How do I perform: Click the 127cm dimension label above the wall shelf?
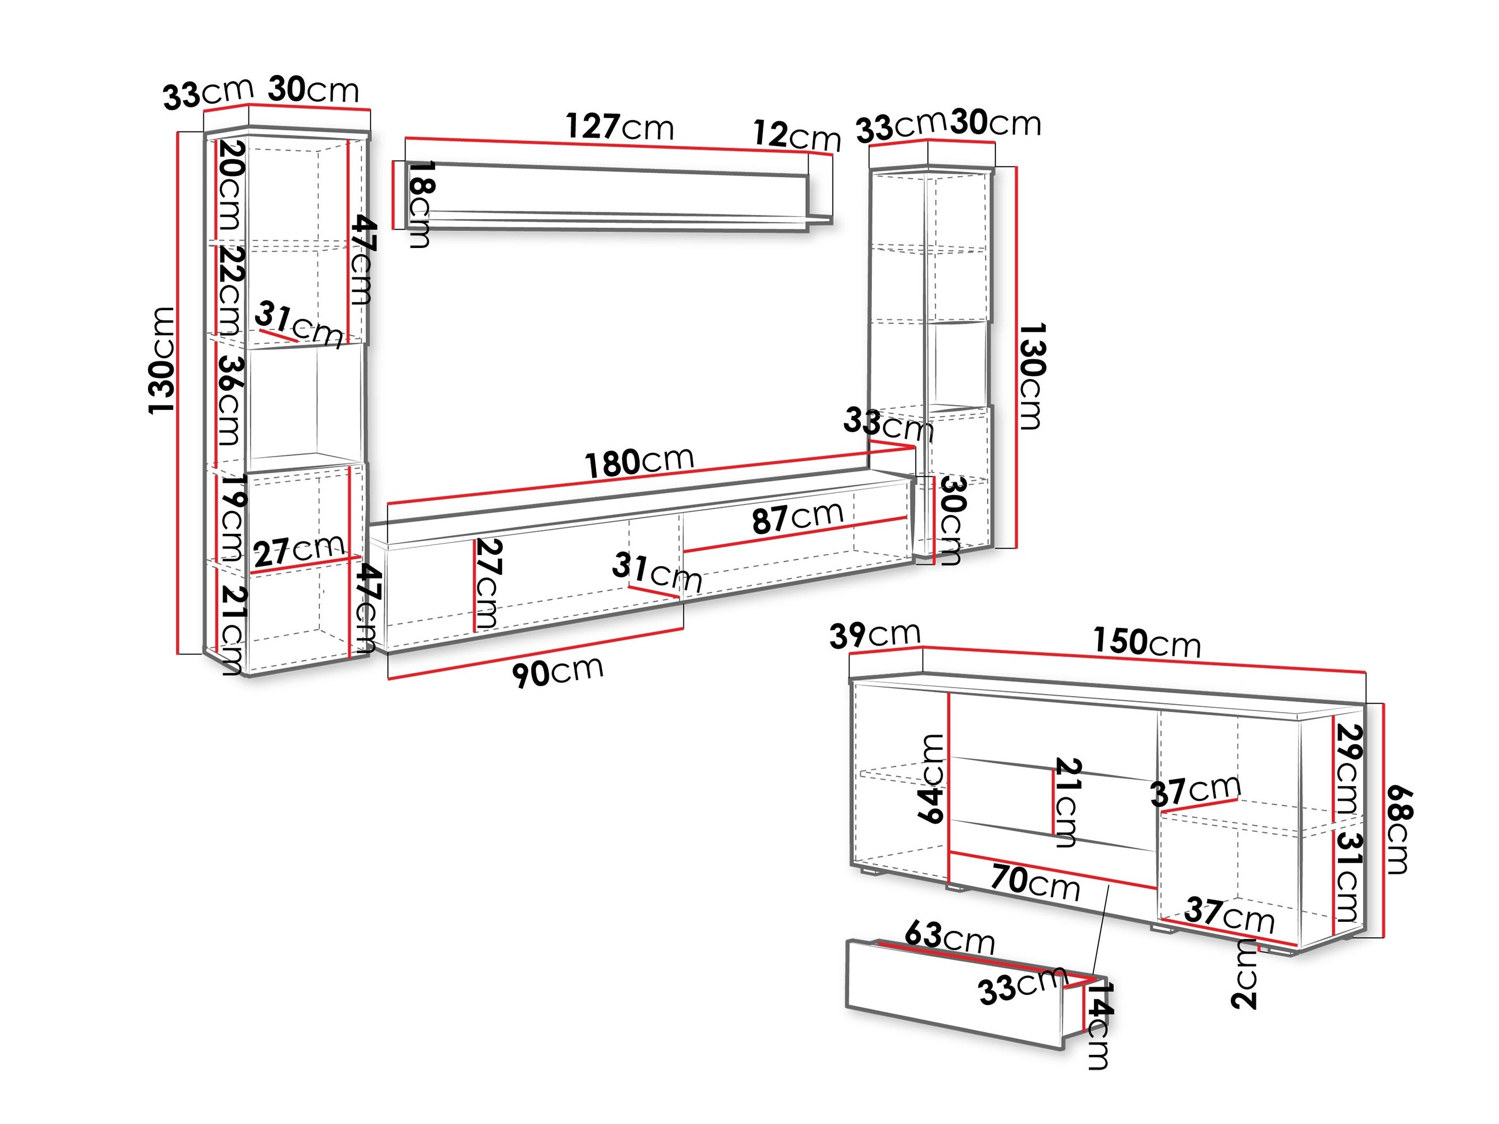point(620,127)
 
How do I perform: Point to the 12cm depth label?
point(796,136)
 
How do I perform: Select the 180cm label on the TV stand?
point(639,462)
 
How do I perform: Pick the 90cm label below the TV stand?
point(557,672)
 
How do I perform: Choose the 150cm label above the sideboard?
point(1146,642)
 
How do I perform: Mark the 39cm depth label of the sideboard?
point(874,635)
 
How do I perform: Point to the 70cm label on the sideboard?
point(1035,882)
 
